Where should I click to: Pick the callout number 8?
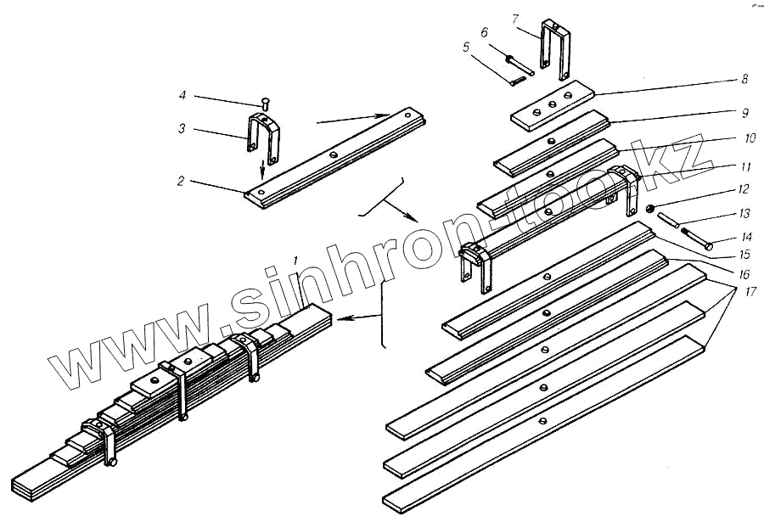point(744,79)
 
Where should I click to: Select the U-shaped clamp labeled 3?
point(262,137)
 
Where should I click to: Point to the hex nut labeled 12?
point(649,209)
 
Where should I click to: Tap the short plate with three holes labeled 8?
point(553,104)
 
